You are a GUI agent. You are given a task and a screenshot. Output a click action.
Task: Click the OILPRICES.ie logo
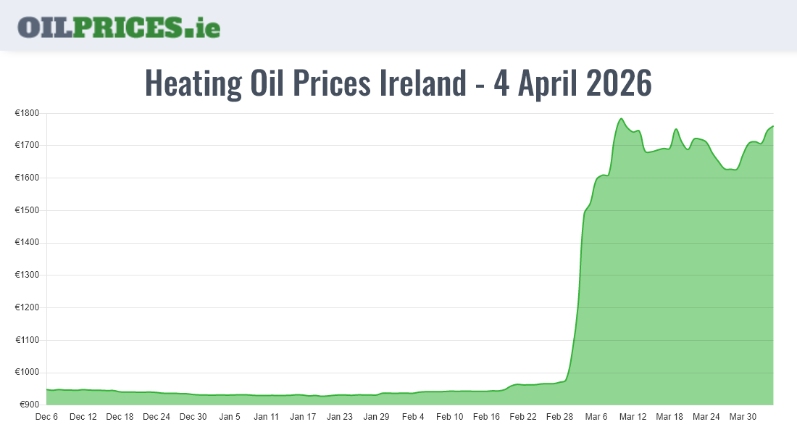pos(119,26)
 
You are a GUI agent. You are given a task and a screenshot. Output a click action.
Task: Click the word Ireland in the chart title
pos(423,83)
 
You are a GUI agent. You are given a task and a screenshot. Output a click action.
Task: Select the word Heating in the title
pos(193,83)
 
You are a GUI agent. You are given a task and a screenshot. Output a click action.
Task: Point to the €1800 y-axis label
pos(28,114)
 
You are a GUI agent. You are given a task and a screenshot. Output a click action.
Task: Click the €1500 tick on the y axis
pos(28,211)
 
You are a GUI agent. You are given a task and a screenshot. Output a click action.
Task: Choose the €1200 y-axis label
pos(28,308)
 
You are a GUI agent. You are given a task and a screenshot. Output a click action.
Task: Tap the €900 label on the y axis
pos(30,405)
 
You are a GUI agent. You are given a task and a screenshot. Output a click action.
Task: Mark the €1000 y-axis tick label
pos(28,373)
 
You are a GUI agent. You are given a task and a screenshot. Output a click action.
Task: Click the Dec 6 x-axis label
pos(46,417)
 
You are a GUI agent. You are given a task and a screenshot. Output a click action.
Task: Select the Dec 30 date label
pos(193,417)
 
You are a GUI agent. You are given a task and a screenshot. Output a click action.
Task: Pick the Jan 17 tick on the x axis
pos(303,417)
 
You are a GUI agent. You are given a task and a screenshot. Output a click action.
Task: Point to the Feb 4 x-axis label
pos(413,417)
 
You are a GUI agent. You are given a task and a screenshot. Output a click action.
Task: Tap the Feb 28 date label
pos(559,417)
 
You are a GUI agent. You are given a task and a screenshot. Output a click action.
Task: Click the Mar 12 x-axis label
pos(633,417)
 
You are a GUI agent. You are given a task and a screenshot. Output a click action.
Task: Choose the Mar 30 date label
pos(743,417)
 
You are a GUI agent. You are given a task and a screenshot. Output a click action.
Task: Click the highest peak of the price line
pos(621,118)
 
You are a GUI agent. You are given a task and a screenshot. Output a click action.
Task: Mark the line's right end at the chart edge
pos(773,126)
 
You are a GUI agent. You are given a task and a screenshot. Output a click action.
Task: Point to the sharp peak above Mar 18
pos(676,129)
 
